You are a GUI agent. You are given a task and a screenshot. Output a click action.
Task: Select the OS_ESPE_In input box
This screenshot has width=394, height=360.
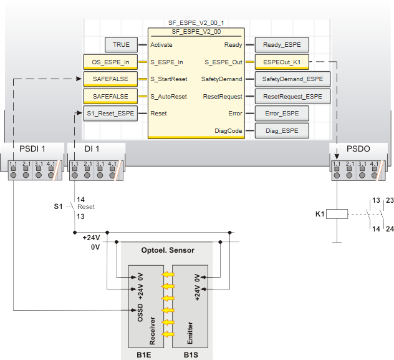(x=110, y=62)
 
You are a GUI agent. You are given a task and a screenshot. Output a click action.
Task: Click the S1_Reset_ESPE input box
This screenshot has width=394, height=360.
(x=110, y=114)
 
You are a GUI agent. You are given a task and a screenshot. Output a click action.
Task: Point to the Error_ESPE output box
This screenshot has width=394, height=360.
(x=282, y=114)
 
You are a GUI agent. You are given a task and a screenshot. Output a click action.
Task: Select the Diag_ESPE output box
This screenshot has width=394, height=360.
(x=282, y=130)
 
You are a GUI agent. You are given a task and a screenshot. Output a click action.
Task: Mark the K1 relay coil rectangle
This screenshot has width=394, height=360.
(x=337, y=213)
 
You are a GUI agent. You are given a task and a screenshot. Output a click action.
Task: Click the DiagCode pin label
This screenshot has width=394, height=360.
(x=228, y=130)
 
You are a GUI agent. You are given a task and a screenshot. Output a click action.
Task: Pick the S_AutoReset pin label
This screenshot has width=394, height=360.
(x=169, y=96)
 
